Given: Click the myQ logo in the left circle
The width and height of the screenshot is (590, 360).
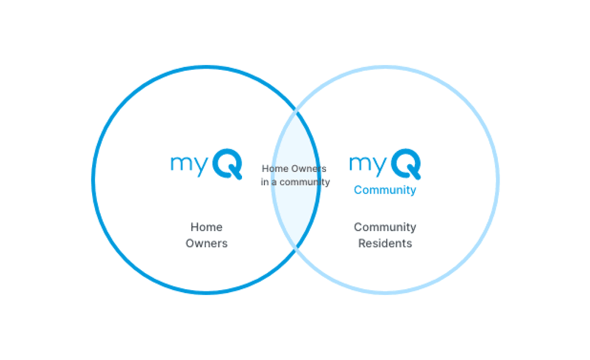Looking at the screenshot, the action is point(206,164).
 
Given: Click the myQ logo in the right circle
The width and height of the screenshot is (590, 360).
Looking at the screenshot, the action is point(385,164).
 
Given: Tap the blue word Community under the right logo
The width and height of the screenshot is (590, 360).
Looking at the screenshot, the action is point(385,190).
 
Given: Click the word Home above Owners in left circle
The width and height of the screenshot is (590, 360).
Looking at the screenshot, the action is point(206,227).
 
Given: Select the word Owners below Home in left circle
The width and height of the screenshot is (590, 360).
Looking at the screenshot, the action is point(206,243).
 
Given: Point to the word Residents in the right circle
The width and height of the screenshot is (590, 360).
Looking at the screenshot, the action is point(385,243).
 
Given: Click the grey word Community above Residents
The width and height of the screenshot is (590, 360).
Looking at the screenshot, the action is point(385,227).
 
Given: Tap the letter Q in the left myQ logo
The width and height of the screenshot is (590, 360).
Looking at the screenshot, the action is point(228,164).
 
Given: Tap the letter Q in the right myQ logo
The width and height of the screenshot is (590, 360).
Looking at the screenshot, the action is point(406,164).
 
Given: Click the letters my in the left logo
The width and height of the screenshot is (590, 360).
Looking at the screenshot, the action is point(188,164).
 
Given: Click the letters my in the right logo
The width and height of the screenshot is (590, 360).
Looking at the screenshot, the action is point(367,164).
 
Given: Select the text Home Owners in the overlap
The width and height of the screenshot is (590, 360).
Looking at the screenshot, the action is point(294,169).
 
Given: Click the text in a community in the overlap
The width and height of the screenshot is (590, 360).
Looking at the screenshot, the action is point(295,182).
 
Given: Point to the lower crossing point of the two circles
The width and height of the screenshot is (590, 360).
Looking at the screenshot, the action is point(296,249).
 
